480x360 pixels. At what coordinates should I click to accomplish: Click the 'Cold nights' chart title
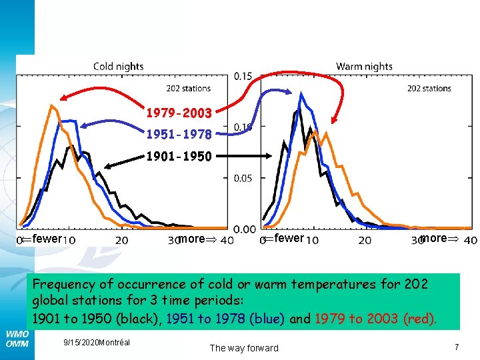(x=118, y=66)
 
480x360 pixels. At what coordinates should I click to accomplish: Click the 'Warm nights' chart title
(x=364, y=66)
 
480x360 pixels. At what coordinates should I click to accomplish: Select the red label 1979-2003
(x=179, y=113)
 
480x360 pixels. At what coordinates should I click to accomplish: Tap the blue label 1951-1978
(x=179, y=135)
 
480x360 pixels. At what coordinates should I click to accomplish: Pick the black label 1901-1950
(x=179, y=157)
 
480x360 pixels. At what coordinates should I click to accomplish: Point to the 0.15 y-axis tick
(x=243, y=77)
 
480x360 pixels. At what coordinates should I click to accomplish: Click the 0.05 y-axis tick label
(x=243, y=178)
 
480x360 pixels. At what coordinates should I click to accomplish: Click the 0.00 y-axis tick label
(x=245, y=229)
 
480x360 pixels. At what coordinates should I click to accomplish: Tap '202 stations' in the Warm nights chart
(x=429, y=88)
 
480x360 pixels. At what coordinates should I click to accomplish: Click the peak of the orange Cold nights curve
(x=51, y=105)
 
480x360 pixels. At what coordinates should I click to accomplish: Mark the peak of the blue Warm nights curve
(x=302, y=94)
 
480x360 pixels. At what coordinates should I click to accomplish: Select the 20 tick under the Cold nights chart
(x=122, y=240)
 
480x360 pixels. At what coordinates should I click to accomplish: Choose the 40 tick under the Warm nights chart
(x=469, y=240)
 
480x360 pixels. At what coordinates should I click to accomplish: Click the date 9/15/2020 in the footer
(x=79, y=342)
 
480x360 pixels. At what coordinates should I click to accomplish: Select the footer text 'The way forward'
(x=244, y=347)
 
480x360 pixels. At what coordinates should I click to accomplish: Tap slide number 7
(x=456, y=347)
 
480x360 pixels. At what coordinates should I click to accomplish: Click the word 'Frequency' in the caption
(x=63, y=284)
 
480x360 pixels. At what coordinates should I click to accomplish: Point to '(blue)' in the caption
(x=267, y=318)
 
